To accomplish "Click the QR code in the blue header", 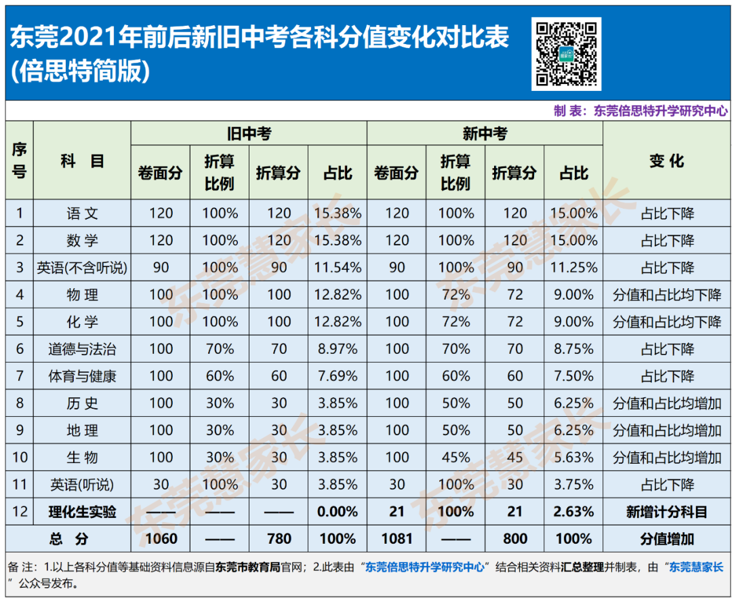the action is click(566, 54).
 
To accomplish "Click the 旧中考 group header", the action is click(249, 134).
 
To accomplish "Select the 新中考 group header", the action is click(485, 134).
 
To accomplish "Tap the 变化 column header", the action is click(667, 161).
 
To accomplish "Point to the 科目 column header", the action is click(82, 161).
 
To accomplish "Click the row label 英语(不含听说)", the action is click(82, 268).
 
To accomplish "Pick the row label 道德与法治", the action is click(82, 349).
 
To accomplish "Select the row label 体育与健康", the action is click(82, 376).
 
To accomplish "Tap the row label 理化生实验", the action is click(82, 512).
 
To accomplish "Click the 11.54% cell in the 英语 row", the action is click(338, 268).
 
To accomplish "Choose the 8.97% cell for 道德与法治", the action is click(338, 349).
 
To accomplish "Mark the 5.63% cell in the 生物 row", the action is click(574, 457).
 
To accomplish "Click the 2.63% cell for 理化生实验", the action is click(574, 512).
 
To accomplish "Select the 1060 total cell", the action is click(161, 539).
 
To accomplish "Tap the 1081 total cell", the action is click(396, 539).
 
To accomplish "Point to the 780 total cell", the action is click(279, 539).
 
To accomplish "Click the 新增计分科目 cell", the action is click(667, 512).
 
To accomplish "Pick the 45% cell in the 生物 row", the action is click(456, 457).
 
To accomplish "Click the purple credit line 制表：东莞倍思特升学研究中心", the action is click(640, 111).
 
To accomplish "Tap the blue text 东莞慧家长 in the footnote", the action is click(696, 567).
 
